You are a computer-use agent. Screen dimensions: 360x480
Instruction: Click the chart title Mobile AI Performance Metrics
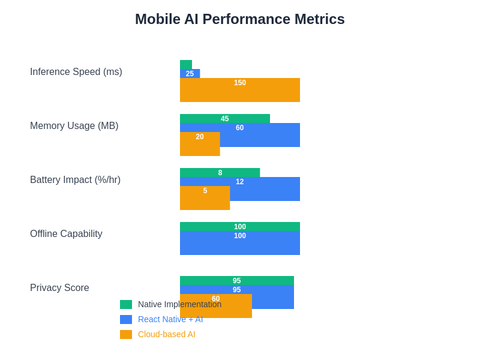click(240, 19)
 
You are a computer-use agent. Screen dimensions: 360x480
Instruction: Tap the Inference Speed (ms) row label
click(76, 72)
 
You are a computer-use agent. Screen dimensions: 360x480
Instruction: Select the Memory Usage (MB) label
click(74, 126)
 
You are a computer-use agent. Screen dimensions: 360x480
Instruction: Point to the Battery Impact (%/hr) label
click(75, 180)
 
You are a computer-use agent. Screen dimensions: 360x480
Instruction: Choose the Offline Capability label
click(66, 234)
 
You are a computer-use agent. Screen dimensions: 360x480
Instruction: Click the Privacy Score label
click(59, 288)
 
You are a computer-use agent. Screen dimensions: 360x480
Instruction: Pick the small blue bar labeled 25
click(190, 74)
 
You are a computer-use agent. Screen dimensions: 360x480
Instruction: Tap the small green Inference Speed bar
click(186, 64)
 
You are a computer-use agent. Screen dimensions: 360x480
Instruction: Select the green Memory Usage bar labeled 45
click(225, 119)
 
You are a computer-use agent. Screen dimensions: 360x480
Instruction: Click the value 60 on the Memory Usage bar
click(240, 128)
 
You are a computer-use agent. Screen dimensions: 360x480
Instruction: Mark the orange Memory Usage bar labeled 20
click(200, 144)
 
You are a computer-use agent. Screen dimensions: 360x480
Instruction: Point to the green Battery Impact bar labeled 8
click(220, 173)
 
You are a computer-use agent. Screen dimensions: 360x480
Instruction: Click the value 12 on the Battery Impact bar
click(240, 182)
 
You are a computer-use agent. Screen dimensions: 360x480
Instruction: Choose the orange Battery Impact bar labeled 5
click(205, 198)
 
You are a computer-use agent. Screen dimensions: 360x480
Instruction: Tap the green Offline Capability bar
click(240, 227)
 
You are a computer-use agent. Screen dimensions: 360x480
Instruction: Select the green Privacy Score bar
click(237, 281)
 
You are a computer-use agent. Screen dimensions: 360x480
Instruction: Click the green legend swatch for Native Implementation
click(126, 304)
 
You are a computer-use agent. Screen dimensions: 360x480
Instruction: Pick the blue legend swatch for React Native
click(126, 319)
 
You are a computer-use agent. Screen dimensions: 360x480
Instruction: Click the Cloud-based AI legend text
click(167, 334)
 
